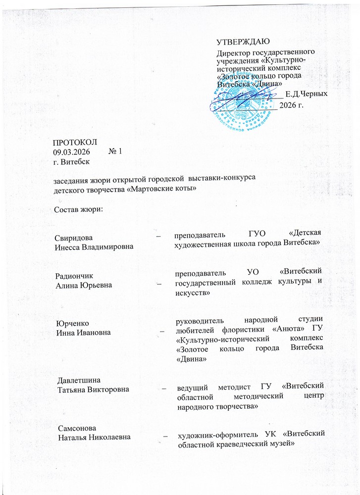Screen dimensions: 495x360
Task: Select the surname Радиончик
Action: [x=74, y=276]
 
